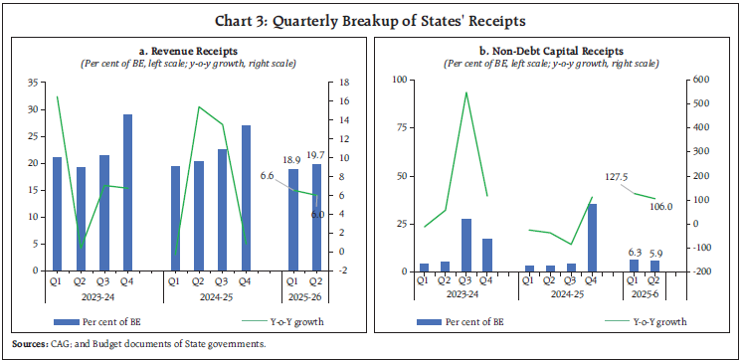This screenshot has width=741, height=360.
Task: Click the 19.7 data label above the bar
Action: click(318, 155)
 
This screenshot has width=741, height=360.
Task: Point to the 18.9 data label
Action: click(293, 159)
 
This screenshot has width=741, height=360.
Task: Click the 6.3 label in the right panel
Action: click(633, 252)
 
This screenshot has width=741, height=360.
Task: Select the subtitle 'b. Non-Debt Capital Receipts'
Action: click(553, 50)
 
